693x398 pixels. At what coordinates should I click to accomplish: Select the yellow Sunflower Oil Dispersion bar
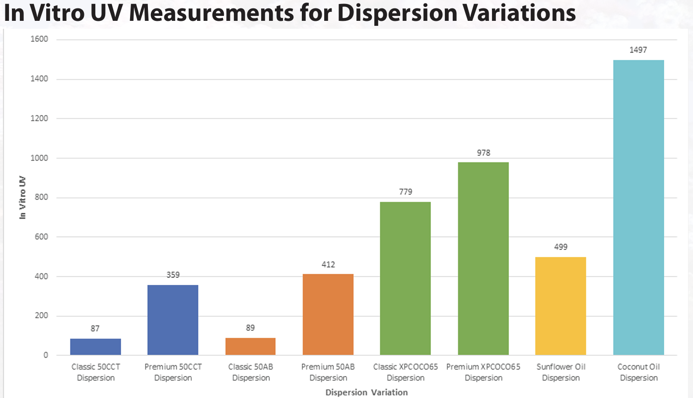(561, 306)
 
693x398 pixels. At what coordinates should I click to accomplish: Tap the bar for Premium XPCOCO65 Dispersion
(483, 259)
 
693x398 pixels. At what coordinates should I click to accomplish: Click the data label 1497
(638, 50)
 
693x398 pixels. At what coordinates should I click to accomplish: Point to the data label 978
(483, 153)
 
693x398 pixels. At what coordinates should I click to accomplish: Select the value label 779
(406, 192)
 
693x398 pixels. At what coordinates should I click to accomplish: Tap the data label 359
(173, 275)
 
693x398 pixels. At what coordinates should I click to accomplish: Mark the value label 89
(251, 329)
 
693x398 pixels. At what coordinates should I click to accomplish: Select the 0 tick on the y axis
(45, 355)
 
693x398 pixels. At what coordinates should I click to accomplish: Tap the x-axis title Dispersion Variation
(366, 393)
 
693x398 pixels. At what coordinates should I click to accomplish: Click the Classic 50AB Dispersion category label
(251, 372)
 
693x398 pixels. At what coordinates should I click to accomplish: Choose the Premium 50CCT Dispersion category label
(173, 372)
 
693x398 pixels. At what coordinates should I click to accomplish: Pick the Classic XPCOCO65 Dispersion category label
(406, 372)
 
